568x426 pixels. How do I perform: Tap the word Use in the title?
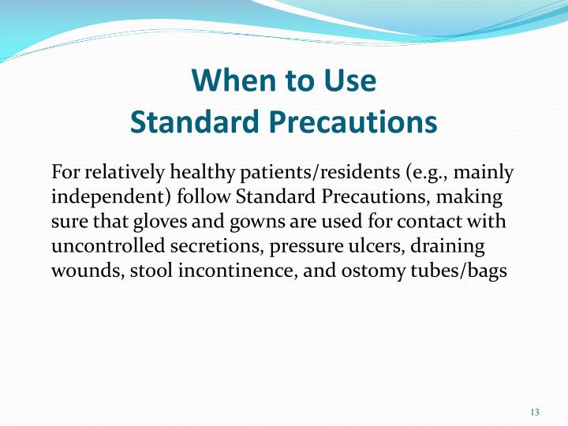(x=350, y=80)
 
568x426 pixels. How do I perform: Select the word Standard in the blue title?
(x=195, y=121)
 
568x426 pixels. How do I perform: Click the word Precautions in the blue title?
(x=353, y=121)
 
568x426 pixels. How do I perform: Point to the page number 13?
(x=535, y=413)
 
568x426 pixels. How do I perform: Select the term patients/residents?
(x=319, y=173)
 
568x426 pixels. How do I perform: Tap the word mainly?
(x=484, y=173)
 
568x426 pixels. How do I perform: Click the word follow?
(x=204, y=196)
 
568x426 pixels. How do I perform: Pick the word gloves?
(x=160, y=222)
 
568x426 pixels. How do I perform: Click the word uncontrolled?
(x=108, y=245)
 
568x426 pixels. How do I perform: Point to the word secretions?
(x=217, y=246)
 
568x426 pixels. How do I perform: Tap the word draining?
(x=447, y=246)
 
